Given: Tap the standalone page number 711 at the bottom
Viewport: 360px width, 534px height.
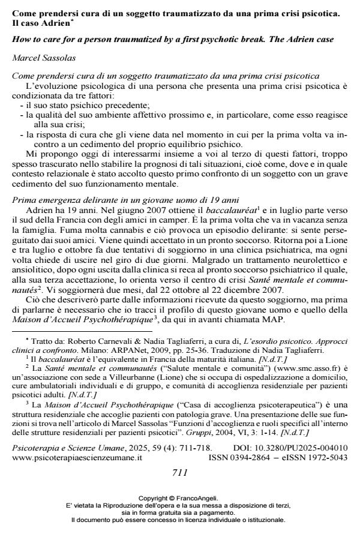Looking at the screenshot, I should click(x=181, y=472).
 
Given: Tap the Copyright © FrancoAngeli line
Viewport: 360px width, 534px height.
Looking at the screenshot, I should click(x=180, y=499).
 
